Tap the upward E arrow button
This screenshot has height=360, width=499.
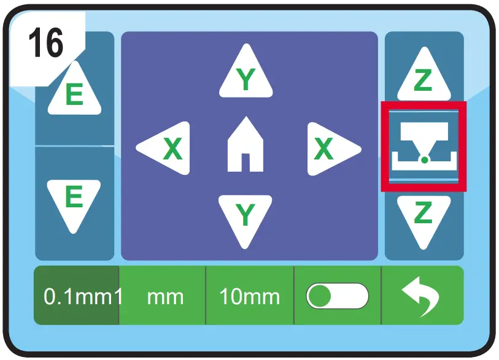coord(74,92)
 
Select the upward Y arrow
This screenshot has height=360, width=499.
coord(246,75)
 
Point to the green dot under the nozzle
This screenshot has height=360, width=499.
coord(424,160)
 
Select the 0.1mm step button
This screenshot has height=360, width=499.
coord(76,297)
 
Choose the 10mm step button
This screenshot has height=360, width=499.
coord(249,297)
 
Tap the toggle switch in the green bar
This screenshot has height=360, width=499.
coord(338,297)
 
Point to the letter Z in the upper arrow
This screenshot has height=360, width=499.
coord(423,82)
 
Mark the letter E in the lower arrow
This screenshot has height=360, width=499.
coord(74,197)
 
